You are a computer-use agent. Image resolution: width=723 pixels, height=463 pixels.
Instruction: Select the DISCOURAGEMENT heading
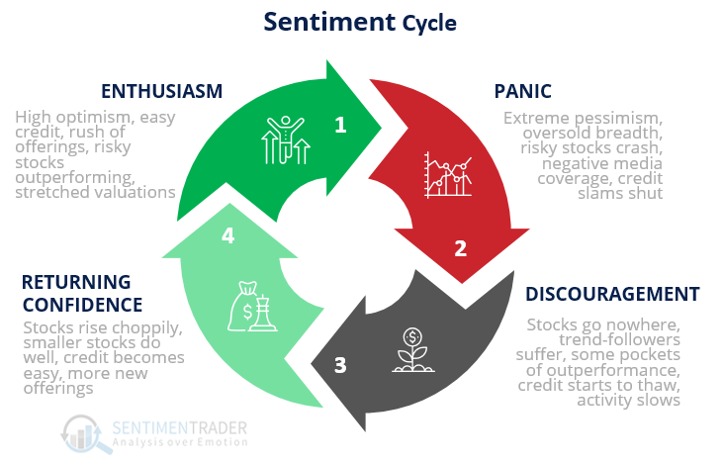(x=612, y=294)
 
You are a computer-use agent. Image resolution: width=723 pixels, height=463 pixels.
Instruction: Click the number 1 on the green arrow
(x=341, y=125)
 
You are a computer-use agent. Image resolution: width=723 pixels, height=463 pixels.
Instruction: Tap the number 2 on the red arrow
(x=460, y=248)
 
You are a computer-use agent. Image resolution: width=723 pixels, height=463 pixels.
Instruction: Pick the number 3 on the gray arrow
(x=340, y=364)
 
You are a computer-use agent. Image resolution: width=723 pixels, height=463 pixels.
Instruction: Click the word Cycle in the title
(x=429, y=23)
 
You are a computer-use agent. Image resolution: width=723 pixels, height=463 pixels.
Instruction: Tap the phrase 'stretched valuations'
(x=95, y=192)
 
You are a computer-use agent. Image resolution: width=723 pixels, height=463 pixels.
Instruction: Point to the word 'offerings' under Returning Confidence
(x=56, y=389)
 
